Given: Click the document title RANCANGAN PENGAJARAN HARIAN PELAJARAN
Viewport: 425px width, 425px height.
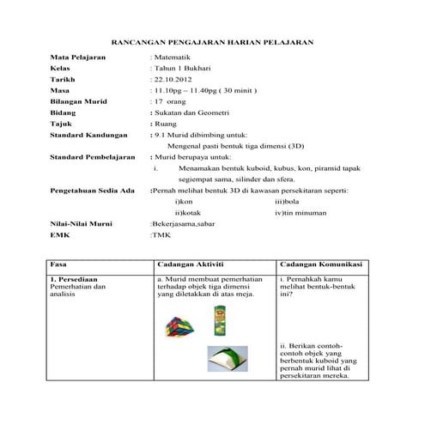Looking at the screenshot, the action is click(x=213, y=41).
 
